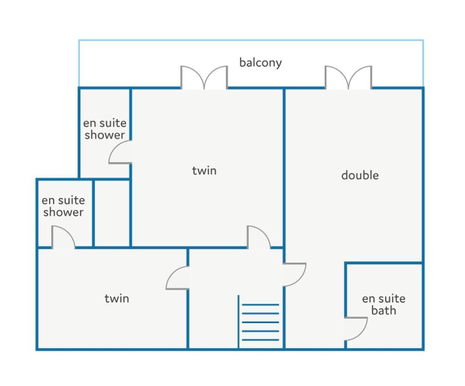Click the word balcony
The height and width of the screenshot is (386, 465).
point(260,63)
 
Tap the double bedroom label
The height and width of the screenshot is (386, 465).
point(359,175)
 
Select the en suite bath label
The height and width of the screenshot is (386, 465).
point(384,304)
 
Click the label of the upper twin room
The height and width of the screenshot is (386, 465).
point(204,171)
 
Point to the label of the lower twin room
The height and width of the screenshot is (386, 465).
point(117,299)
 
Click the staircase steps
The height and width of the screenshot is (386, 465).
point(260,322)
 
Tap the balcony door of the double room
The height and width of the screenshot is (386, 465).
point(348,77)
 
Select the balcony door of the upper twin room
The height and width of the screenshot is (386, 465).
point(204,77)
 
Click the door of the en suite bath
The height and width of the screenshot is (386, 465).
point(356,329)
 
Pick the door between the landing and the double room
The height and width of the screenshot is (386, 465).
point(294,275)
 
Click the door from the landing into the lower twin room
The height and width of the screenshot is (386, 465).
point(177,278)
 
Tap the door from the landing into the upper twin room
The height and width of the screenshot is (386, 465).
point(258,237)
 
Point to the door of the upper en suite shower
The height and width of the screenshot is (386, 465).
point(120,152)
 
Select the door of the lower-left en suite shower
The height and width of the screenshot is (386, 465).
point(63,237)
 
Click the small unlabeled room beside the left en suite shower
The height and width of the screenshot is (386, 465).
point(112,213)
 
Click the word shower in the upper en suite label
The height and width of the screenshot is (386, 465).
point(104,135)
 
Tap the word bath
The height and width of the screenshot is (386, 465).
point(384,311)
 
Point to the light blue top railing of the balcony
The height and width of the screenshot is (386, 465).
point(251,40)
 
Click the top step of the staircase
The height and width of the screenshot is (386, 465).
point(260,304)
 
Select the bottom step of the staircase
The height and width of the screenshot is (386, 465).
point(260,340)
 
